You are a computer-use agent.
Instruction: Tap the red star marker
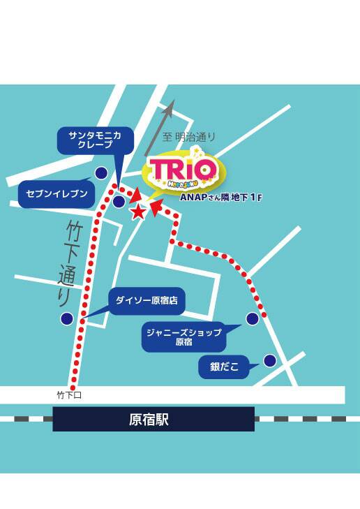(139, 210)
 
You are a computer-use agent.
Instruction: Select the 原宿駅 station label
(153, 419)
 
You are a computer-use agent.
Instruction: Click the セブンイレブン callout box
(56, 193)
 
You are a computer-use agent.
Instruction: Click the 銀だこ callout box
(224, 365)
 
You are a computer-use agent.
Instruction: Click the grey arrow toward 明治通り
(160, 126)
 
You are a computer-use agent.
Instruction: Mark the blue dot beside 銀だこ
(269, 360)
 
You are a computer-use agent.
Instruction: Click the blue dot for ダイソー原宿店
(67, 318)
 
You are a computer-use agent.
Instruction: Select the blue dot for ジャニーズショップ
(252, 318)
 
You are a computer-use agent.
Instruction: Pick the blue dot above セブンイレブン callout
(102, 172)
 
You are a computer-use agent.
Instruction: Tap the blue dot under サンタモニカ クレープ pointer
(119, 201)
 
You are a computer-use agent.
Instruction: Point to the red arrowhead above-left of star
(135, 196)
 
